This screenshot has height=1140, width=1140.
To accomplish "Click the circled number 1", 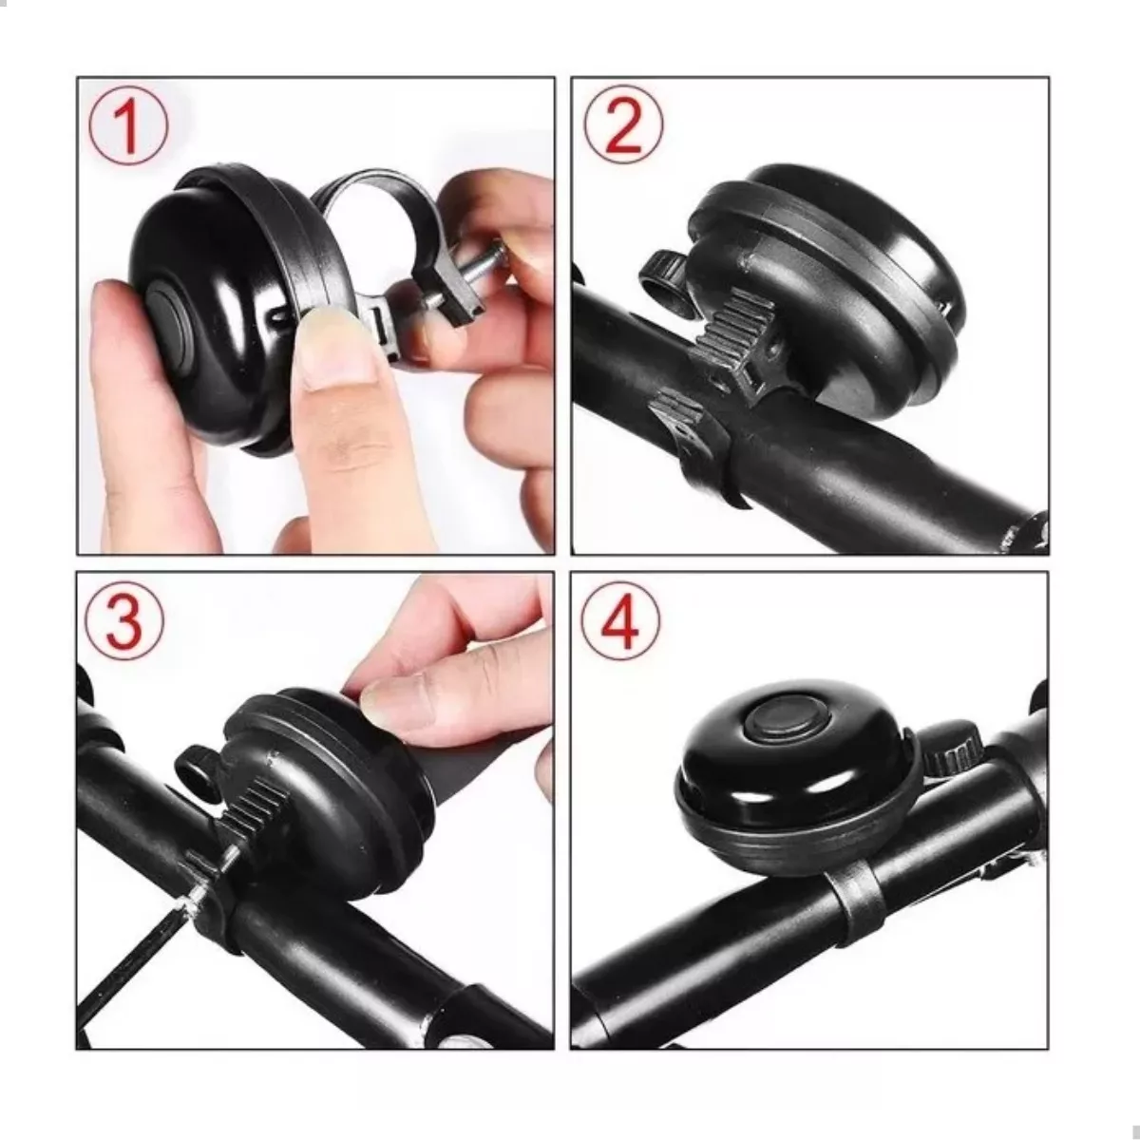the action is (128, 124).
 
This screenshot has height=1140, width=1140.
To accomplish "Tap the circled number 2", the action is (623, 124).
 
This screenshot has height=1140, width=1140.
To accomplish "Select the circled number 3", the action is (124, 620).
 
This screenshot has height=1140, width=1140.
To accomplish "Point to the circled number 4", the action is (620, 620).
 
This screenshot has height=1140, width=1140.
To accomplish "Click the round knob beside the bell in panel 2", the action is (663, 276).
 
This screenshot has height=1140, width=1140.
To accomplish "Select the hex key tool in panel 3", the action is (136, 953).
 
